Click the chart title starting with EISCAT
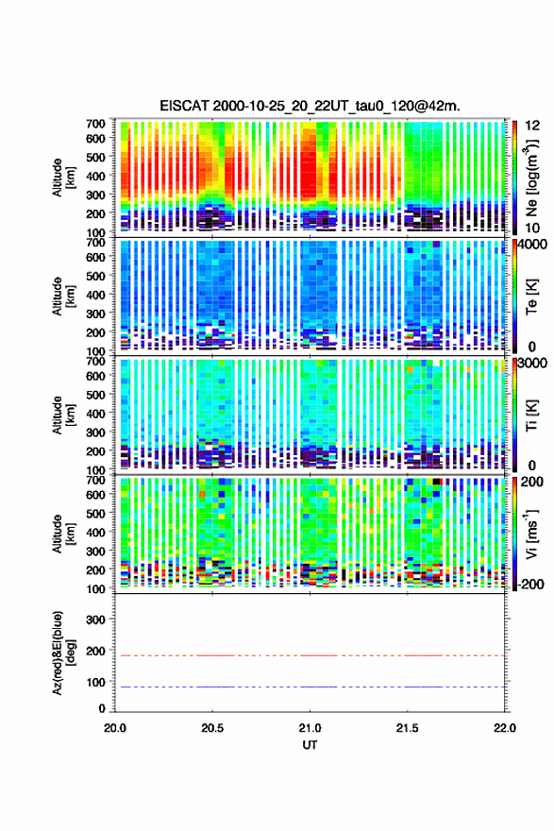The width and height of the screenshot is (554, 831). pos(310,106)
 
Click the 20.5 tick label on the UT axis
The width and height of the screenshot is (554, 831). pos(212,728)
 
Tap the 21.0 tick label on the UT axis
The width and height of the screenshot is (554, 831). pos(310,728)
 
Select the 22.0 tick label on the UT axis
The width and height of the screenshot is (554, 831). pos(505,728)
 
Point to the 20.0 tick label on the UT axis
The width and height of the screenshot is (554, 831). pos(115,728)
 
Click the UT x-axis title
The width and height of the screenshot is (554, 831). pos(310,745)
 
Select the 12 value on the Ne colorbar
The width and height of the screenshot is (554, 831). pos(533,126)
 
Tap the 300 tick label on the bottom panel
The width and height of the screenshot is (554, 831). pos(95,619)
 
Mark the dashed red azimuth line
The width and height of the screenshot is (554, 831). pos(310,655)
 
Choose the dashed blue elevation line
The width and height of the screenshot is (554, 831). pos(310,687)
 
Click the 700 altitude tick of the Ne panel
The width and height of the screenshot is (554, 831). pos(95,124)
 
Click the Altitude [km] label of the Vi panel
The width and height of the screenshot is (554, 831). pos(63,534)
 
